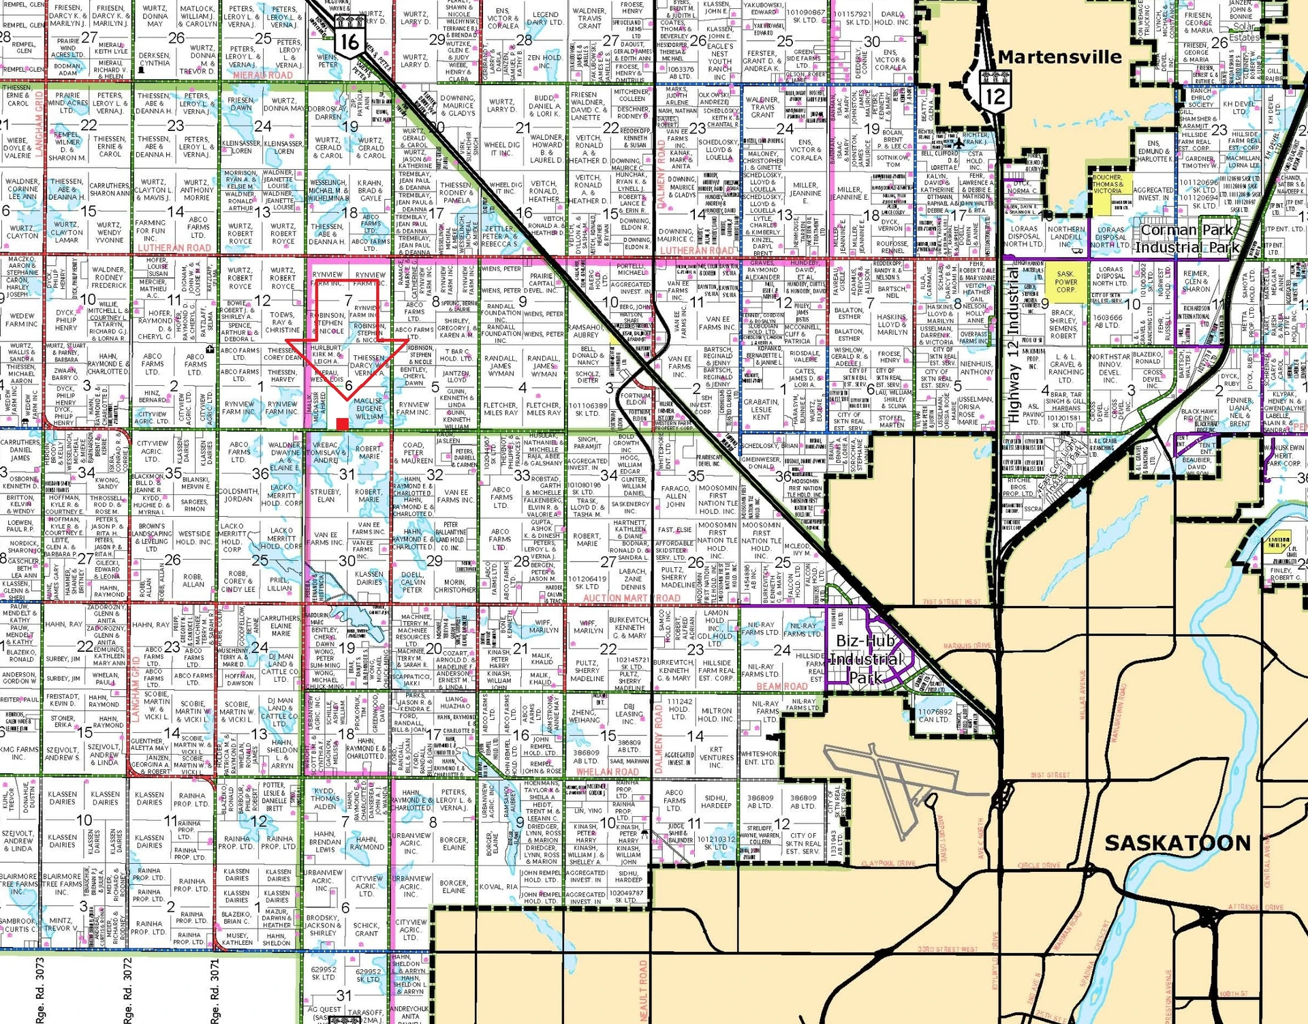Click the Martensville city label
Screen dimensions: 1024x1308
[x=1060, y=57]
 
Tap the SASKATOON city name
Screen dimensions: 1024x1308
[x=1177, y=843]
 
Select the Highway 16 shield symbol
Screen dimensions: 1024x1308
[x=349, y=40]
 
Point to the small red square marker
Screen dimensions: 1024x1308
[x=343, y=424]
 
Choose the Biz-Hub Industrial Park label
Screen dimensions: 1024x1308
[x=867, y=659]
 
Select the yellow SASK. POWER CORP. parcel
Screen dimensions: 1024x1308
[x=1066, y=282]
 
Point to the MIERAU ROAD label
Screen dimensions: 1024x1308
[x=261, y=75]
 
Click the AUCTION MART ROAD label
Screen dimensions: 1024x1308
[x=632, y=598]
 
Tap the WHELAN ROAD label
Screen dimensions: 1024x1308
[x=607, y=772]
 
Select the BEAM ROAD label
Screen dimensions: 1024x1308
[x=781, y=687]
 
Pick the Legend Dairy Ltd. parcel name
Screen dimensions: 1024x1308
[x=546, y=18]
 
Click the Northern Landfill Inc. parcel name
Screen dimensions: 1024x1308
[x=1066, y=237]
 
